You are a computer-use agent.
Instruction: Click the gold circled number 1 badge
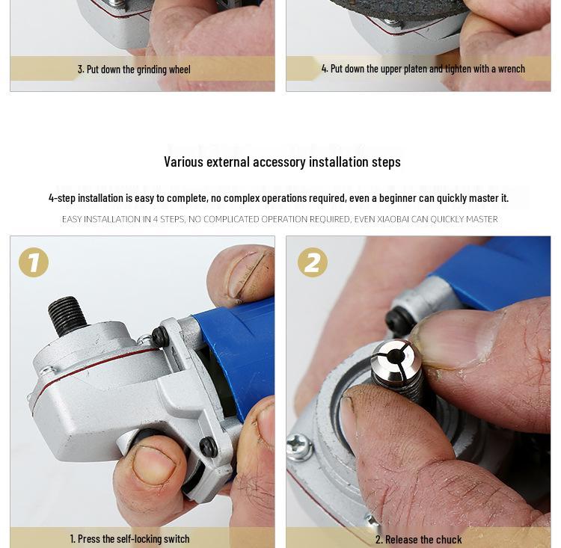coord(34,262)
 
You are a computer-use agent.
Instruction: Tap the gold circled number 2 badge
coord(312,262)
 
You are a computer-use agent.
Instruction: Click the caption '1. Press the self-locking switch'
coord(129,538)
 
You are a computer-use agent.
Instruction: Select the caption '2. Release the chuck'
coord(418,539)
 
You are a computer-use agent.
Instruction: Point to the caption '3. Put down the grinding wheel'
coord(134,69)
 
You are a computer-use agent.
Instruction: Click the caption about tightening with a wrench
coord(423,68)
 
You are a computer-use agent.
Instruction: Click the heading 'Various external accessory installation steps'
coord(282,161)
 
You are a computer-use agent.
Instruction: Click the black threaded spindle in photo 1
coord(67,315)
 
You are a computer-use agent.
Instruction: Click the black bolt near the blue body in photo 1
coord(160,336)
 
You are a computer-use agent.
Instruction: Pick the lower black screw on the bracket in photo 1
coord(208,447)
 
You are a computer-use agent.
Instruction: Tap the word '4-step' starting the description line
coord(62,197)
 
